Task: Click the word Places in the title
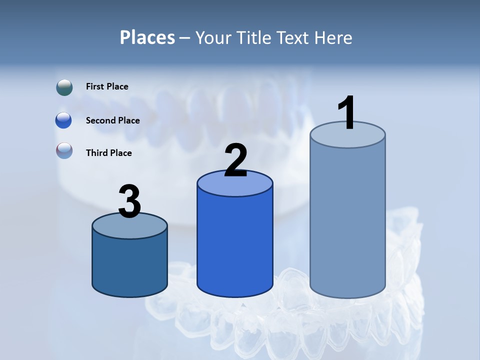tap(147, 37)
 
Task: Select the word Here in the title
tap(333, 37)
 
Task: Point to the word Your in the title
tap(213, 37)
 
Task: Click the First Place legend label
tap(107, 86)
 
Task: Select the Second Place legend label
tap(112, 120)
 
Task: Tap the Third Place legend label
tap(108, 153)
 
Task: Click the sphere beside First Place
tap(64, 87)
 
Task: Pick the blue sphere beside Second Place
tap(64, 120)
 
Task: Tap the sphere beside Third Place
tap(64, 150)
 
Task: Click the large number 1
tap(346, 113)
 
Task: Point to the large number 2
tap(235, 160)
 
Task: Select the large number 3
tap(129, 201)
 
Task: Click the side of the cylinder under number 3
tap(129, 265)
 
